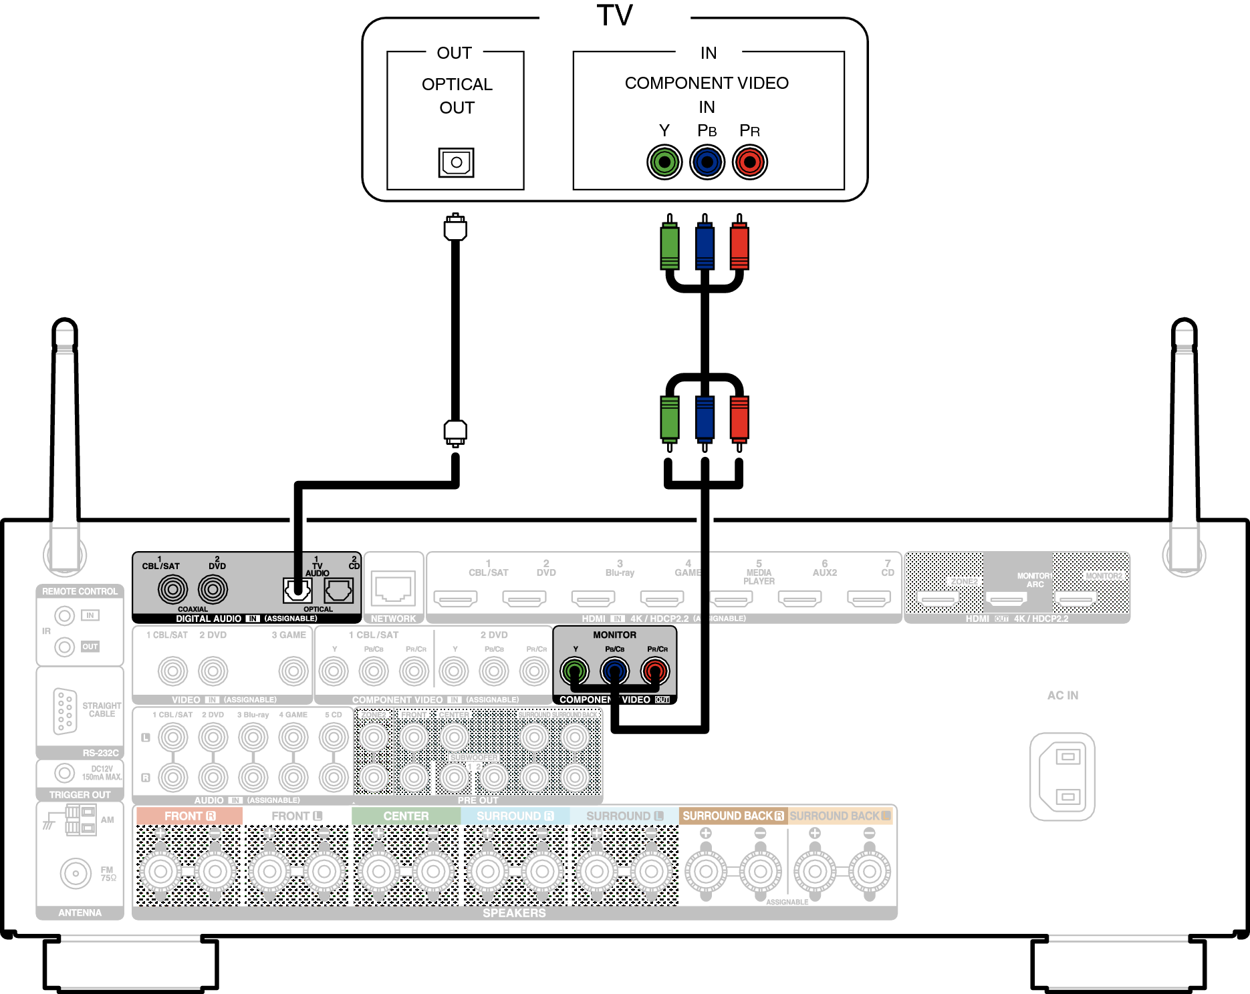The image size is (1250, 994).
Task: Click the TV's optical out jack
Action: [456, 162]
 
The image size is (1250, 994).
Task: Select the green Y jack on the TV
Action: [664, 162]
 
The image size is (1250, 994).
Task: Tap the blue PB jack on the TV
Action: [707, 162]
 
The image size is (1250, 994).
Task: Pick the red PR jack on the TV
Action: [749, 162]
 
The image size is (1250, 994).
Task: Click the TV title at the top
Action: [614, 15]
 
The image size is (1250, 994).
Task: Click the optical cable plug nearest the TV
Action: [455, 228]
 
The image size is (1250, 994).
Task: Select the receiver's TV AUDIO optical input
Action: [297, 590]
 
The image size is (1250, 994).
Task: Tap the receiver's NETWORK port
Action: [394, 589]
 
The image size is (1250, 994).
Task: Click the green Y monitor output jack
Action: [574, 671]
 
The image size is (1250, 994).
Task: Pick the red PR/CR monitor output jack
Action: [655, 671]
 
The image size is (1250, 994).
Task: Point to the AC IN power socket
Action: [1062, 776]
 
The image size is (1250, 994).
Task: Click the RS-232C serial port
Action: [65, 711]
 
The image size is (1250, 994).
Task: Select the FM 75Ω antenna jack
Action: [76, 873]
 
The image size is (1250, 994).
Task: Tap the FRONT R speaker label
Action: [189, 816]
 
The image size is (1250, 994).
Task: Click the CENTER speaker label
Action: [406, 816]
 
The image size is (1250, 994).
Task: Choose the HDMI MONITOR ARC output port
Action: [1006, 599]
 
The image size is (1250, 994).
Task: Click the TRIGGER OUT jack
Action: [64, 773]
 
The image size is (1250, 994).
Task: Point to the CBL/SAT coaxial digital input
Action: [172, 589]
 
